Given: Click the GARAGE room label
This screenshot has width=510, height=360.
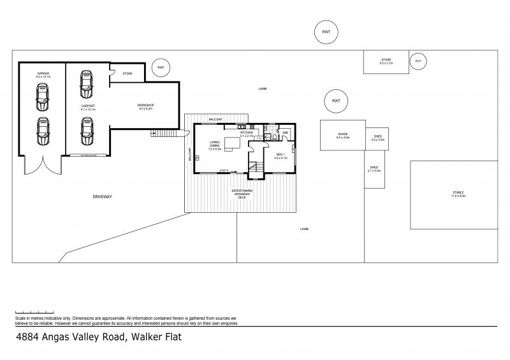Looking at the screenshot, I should tap(43, 74).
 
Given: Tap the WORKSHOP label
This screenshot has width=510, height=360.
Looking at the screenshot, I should tap(146, 106).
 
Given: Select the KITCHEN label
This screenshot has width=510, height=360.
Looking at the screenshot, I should tap(247, 133).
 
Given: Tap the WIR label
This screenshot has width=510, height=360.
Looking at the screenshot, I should tap(286, 133).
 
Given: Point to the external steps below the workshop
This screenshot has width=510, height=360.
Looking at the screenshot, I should tap(165, 133).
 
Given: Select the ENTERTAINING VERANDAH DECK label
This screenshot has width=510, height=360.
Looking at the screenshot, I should tap(242, 194).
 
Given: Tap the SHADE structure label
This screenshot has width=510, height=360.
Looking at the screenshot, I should tap(343, 135).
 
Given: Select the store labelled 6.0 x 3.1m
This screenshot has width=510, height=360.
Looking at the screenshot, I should tap(386, 62).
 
